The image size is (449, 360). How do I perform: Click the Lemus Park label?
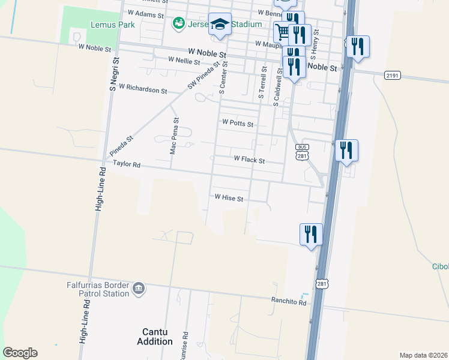113,25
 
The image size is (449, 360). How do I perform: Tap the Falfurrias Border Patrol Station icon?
139,289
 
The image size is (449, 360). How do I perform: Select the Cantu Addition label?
158,337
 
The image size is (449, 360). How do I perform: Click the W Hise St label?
229,197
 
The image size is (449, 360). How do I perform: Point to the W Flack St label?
249,160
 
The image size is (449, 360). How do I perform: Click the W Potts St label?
238,123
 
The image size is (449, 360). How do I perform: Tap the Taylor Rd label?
125,164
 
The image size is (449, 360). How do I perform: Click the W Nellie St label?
184,61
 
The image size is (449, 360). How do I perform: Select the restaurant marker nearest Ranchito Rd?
311,233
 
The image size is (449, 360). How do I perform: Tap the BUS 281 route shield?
302,152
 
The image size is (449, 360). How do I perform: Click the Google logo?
20,353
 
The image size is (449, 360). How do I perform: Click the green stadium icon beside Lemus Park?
178,24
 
